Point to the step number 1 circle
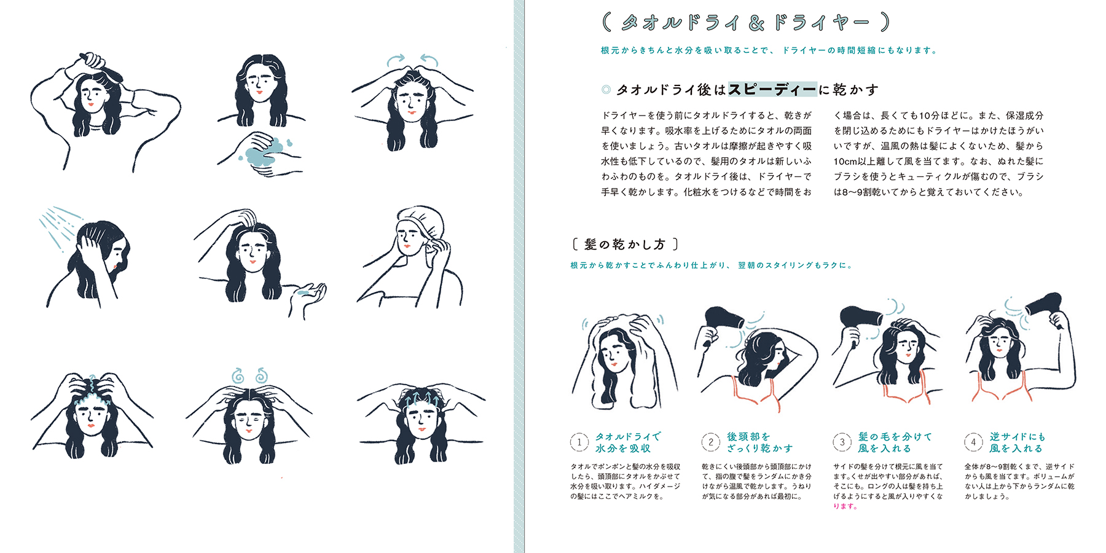tap(579, 442)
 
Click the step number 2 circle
tap(711, 442)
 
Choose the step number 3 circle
tap(842, 442)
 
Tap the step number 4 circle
tap(973, 442)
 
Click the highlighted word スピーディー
tap(772, 90)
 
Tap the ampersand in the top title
tap(756, 23)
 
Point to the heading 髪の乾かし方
tap(625, 245)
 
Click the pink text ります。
tap(845, 506)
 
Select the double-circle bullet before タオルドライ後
tap(606, 90)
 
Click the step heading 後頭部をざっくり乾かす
tap(760, 442)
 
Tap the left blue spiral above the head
tap(238, 375)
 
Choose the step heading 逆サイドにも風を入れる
tap(1017, 442)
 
